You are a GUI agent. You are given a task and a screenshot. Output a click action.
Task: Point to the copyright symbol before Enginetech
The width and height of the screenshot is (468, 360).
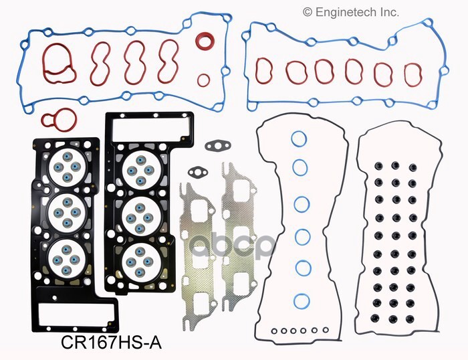[308, 12]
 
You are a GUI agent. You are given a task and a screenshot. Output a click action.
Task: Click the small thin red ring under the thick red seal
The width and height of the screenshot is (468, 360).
[203, 80]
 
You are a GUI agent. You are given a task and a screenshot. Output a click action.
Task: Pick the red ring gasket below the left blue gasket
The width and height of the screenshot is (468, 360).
[58, 120]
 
